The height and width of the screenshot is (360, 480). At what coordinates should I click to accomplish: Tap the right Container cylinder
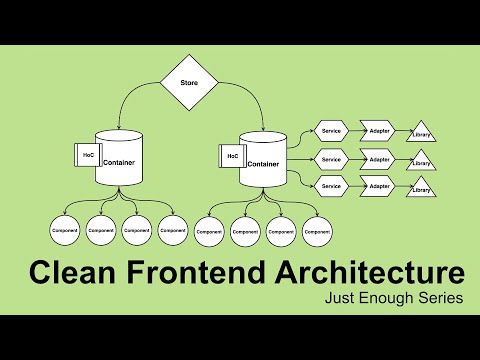tap(262, 161)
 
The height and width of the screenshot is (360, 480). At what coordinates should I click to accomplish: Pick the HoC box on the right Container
tap(232, 156)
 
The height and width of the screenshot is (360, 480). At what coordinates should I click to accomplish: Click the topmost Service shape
tap(330, 131)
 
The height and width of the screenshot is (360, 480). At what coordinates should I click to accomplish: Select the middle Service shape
tap(330, 159)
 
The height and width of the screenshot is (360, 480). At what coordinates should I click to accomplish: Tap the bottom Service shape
tap(330, 185)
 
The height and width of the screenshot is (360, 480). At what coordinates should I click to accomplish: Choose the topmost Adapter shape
tap(378, 131)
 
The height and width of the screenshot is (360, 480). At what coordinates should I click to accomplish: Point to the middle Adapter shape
tap(378, 159)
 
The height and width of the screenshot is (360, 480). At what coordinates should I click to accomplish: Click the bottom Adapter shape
tap(378, 185)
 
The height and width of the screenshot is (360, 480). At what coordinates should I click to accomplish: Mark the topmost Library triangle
tap(421, 134)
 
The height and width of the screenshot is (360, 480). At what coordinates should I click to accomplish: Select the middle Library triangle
tap(421, 161)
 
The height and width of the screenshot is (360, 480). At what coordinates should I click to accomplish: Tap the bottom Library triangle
tap(421, 188)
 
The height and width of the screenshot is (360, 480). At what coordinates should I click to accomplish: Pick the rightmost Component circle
tap(316, 231)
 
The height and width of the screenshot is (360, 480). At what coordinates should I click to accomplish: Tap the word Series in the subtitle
tap(439, 300)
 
